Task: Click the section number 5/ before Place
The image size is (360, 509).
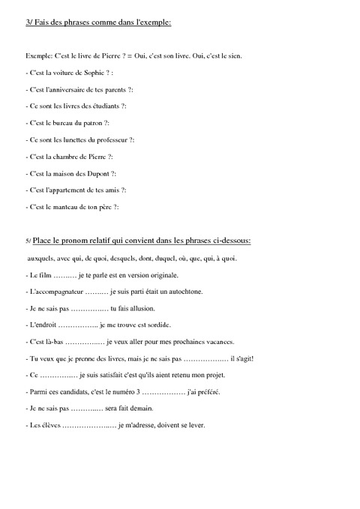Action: (28, 241)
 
